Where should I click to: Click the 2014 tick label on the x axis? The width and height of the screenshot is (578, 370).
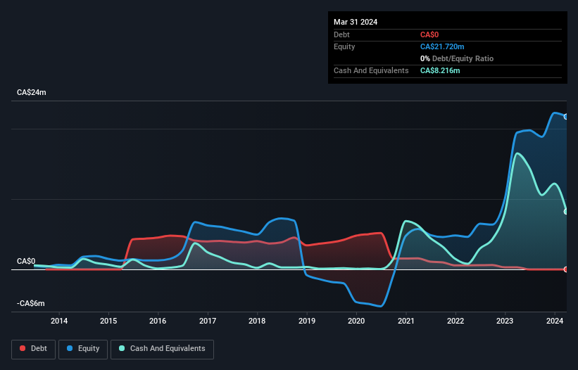point(59,321)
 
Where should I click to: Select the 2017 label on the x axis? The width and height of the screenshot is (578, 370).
point(208,321)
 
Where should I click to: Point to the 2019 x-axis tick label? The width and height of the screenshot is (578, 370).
point(307,321)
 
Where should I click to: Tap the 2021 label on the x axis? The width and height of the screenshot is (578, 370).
point(406,321)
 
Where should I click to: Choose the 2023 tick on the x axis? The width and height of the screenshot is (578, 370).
point(505,321)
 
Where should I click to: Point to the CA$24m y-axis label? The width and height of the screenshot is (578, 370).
point(32,92)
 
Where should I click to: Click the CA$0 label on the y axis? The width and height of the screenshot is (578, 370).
point(26,261)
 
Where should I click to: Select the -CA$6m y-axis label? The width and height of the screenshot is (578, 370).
point(31,303)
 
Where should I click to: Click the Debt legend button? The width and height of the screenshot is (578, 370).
point(33,348)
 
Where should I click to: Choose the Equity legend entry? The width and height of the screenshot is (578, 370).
point(83,348)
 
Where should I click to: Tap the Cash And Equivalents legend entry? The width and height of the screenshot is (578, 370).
point(162,348)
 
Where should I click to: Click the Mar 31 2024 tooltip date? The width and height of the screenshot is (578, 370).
point(356,22)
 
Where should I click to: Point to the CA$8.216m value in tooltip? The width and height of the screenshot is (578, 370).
point(440,70)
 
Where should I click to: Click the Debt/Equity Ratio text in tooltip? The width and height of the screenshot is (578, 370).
point(460,58)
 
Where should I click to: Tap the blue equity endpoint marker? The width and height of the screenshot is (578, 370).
point(566,117)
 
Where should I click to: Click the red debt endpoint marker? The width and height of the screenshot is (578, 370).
point(566,269)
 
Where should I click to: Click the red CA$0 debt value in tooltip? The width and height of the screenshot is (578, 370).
point(430,34)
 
